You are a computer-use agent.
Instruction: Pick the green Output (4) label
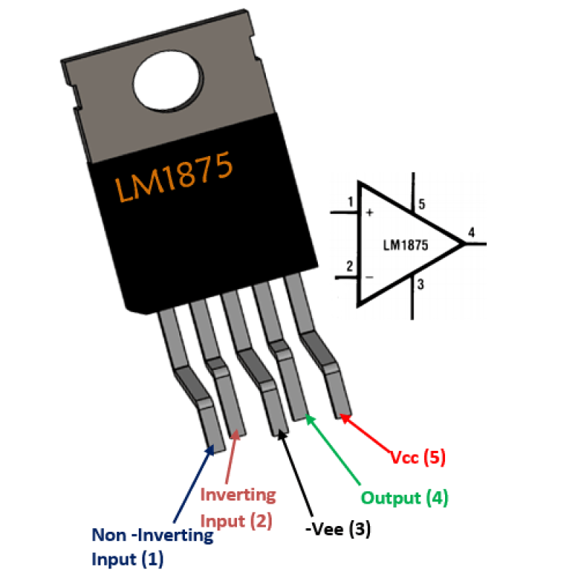point(405,498)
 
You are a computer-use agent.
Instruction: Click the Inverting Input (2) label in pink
point(238,507)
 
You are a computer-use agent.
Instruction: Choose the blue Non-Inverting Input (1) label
point(152,547)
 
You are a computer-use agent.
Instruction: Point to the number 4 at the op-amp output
point(471,233)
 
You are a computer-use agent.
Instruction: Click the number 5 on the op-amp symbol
point(422,205)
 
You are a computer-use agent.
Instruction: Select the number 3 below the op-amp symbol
point(420,285)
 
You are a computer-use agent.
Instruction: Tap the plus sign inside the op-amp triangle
point(370,213)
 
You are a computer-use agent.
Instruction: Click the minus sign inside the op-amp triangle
point(369,277)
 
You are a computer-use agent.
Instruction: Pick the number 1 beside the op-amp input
point(350,202)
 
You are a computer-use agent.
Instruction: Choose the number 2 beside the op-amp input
point(350,266)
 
